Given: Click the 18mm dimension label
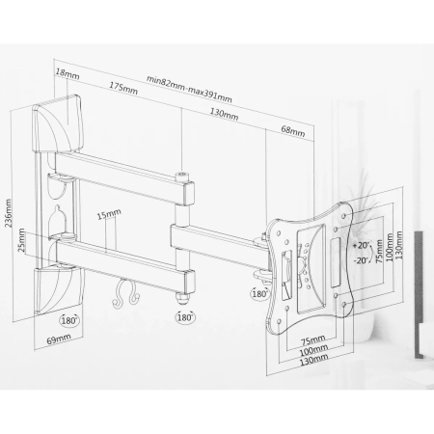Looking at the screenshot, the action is [x=68, y=74].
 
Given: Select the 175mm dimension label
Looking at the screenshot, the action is [x=123, y=89].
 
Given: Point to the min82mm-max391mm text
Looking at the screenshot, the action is [x=189, y=89].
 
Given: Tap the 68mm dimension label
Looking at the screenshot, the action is [x=293, y=131].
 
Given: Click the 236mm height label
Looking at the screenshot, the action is [x=9, y=213].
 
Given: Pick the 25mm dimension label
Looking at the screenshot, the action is [x=21, y=240].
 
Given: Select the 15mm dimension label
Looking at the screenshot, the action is [x=109, y=214].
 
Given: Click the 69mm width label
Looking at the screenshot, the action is [x=59, y=339].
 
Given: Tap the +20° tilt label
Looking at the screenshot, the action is [x=361, y=245].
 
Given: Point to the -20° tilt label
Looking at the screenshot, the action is [x=361, y=260].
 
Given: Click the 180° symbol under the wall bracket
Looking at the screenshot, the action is [x=69, y=321].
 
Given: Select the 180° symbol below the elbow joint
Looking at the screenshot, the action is [x=185, y=317].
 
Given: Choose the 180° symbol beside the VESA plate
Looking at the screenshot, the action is [x=259, y=294].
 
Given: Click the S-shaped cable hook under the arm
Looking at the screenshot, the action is [x=125, y=294].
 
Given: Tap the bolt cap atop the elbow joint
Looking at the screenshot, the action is [x=182, y=176].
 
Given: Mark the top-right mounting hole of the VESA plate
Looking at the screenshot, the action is [x=344, y=216].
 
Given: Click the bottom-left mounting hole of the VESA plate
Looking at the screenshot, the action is [x=279, y=321].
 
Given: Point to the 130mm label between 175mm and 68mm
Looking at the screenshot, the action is [x=224, y=114].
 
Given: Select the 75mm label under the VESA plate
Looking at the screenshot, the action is [x=312, y=339].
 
